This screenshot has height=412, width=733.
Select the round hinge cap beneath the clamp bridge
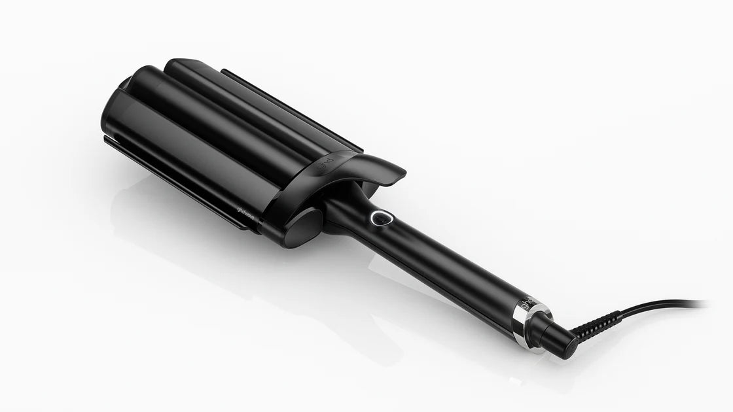(x=302, y=226)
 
